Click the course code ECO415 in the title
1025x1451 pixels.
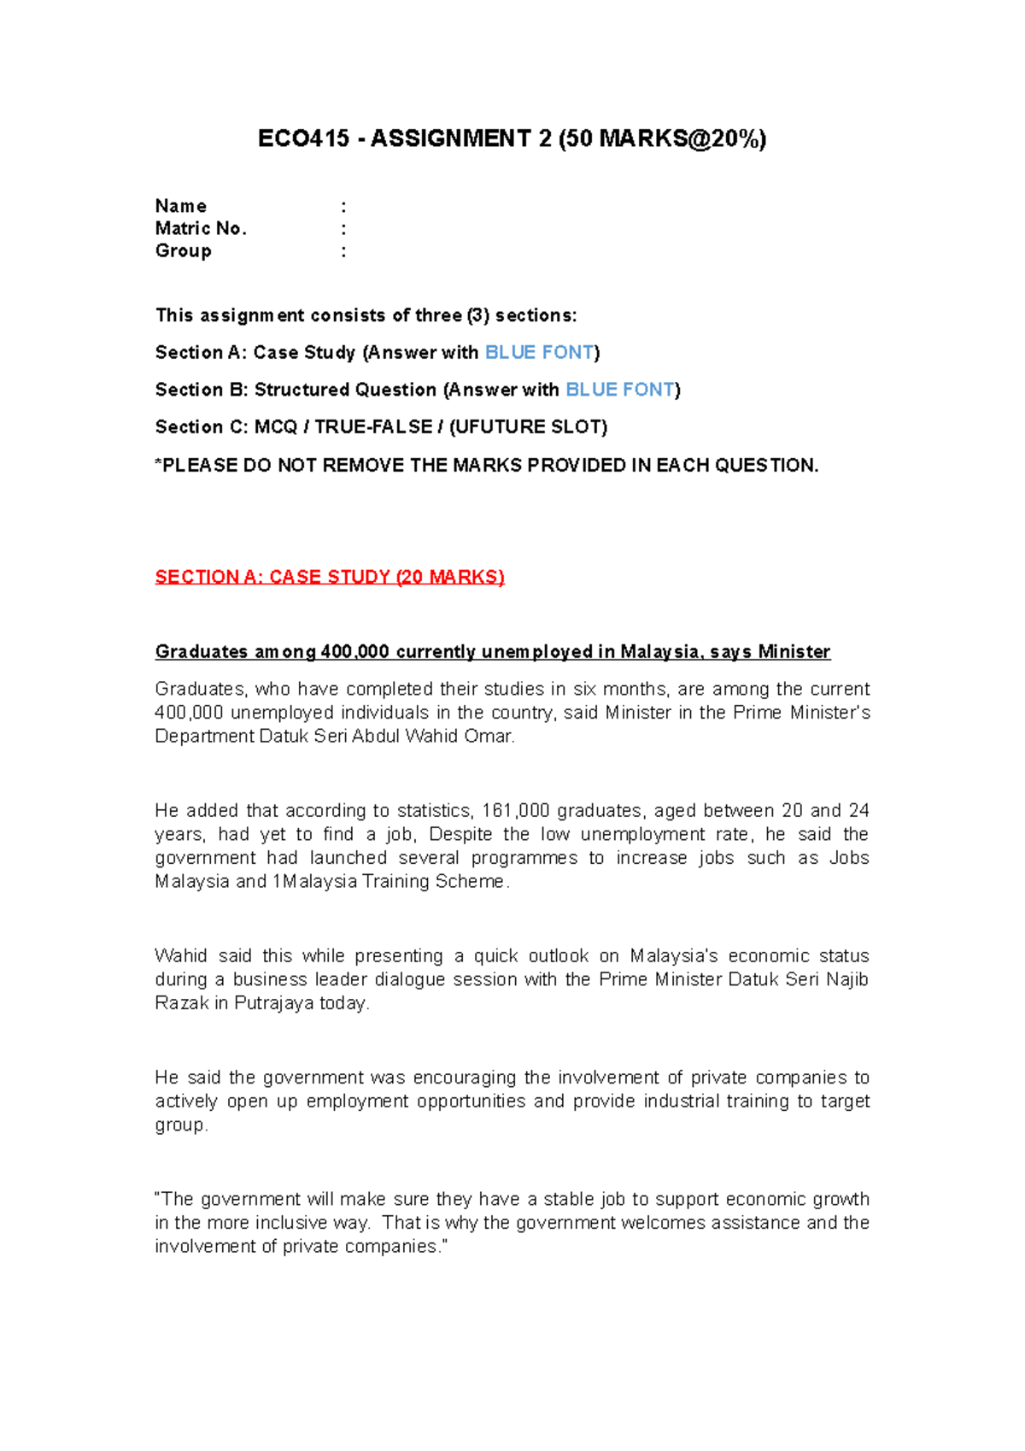303,139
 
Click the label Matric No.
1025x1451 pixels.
201,229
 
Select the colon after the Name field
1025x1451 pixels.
343,207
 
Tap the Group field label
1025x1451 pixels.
183,251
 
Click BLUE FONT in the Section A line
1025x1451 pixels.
539,353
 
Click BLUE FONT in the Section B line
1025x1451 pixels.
620,391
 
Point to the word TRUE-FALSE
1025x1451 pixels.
373,427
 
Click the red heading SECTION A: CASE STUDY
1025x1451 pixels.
329,578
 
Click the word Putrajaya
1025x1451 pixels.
273,1003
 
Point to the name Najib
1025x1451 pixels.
846,980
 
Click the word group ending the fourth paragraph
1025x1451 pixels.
180,1125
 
